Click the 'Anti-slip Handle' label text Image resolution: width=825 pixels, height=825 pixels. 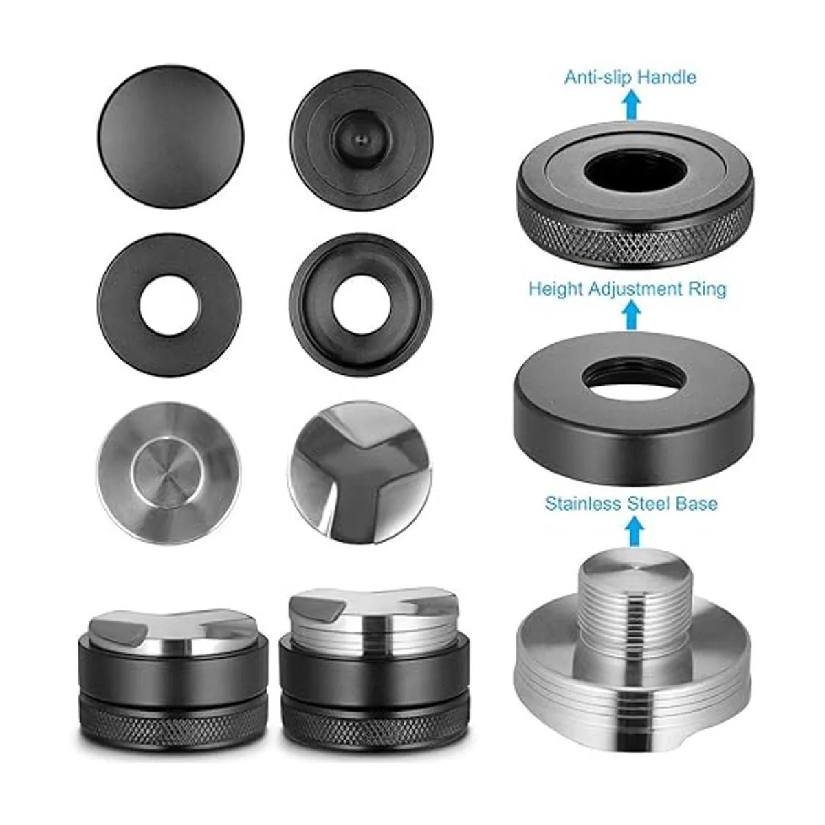coord(630,78)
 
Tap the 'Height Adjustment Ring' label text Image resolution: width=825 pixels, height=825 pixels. coord(628,289)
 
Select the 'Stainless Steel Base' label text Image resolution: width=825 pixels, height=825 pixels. coord(631,504)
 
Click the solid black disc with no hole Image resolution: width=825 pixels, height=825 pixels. coord(170,137)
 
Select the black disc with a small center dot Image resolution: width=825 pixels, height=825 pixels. coord(362,140)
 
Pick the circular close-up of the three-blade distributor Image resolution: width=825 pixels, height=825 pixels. coord(360,472)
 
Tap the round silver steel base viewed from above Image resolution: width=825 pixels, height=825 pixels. coord(168,472)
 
